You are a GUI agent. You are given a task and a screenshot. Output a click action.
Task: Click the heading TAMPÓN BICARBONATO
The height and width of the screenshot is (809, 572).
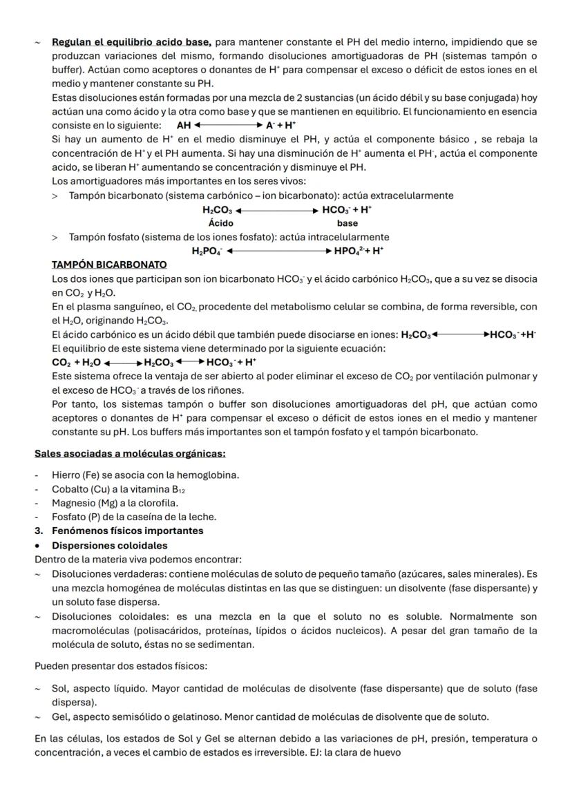click(x=109, y=265)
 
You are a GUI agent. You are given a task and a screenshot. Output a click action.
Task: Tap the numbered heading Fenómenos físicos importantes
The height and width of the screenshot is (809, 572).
click(x=127, y=531)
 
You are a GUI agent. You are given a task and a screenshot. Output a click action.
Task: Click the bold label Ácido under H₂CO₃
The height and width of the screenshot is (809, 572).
click(x=221, y=223)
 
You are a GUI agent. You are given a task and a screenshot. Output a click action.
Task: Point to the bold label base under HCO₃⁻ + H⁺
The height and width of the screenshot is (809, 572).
click(x=347, y=223)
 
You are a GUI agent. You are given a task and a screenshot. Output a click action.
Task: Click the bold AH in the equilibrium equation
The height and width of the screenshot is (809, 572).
click(x=184, y=126)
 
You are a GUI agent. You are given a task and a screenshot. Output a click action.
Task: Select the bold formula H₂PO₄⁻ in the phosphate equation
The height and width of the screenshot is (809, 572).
click(x=207, y=251)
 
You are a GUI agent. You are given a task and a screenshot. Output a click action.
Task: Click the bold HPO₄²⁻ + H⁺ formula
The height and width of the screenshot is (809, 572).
click(x=359, y=251)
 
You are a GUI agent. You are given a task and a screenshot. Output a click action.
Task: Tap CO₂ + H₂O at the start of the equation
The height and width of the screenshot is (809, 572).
click(x=76, y=362)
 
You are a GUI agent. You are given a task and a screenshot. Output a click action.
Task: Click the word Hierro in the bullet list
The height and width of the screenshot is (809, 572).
click(x=65, y=475)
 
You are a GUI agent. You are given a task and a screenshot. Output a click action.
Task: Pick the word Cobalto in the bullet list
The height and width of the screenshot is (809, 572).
click(x=70, y=489)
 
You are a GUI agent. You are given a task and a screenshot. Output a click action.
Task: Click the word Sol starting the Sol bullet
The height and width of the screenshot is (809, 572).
click(x=59, y=689)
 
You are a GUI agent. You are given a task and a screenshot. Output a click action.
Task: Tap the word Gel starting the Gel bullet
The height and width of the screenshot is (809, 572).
click(x=59, y=716)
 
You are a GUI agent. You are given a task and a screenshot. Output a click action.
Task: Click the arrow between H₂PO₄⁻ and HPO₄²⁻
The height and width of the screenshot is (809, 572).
click(x=278, y=251)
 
